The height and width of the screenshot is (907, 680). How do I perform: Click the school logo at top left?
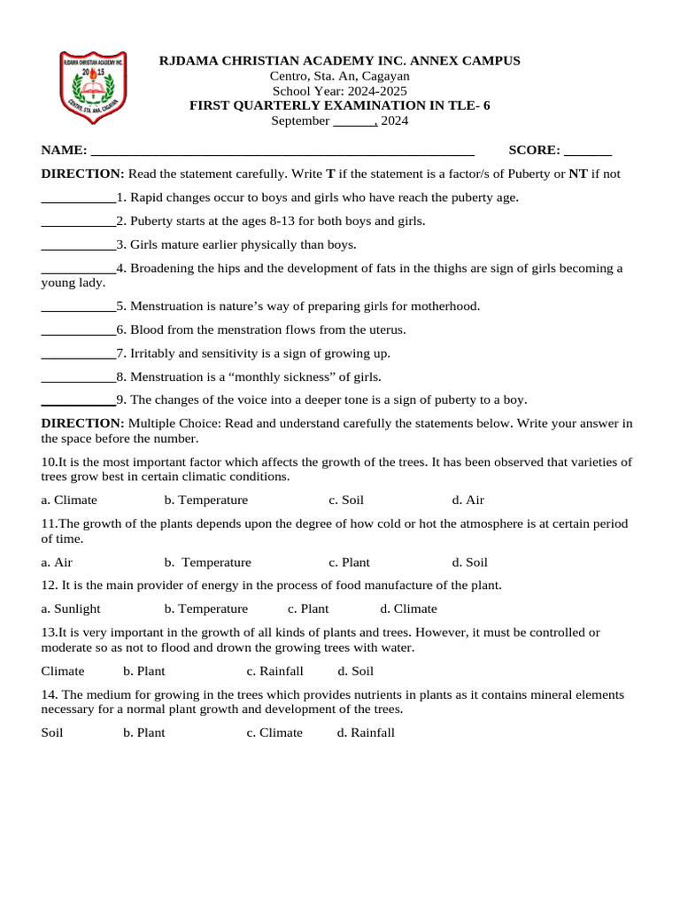(x=93, y=88)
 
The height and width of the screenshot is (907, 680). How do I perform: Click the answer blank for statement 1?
(x=78, y=198)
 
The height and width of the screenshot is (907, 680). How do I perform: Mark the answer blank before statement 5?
(x=78, y=307)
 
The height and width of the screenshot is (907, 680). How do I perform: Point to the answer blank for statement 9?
(x=78, y=401)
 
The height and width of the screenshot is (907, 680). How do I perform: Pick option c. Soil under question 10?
(x=346, y=500)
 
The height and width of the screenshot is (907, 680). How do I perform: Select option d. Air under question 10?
(x=468, y=500)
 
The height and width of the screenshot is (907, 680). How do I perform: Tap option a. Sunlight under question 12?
(x=71, y=609)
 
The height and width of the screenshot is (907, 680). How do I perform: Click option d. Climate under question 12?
(x=408, y=609)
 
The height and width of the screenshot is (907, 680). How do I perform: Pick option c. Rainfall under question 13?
(x=274, y=671)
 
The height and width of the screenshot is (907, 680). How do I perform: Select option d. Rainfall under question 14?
(x=366, y=733)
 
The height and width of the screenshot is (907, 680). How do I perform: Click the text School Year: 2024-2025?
(x=339, y=91)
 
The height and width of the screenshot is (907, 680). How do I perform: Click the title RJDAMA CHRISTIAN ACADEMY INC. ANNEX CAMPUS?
(x=339, y=61)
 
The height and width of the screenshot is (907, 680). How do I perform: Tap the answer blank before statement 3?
(x=78, y=245)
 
